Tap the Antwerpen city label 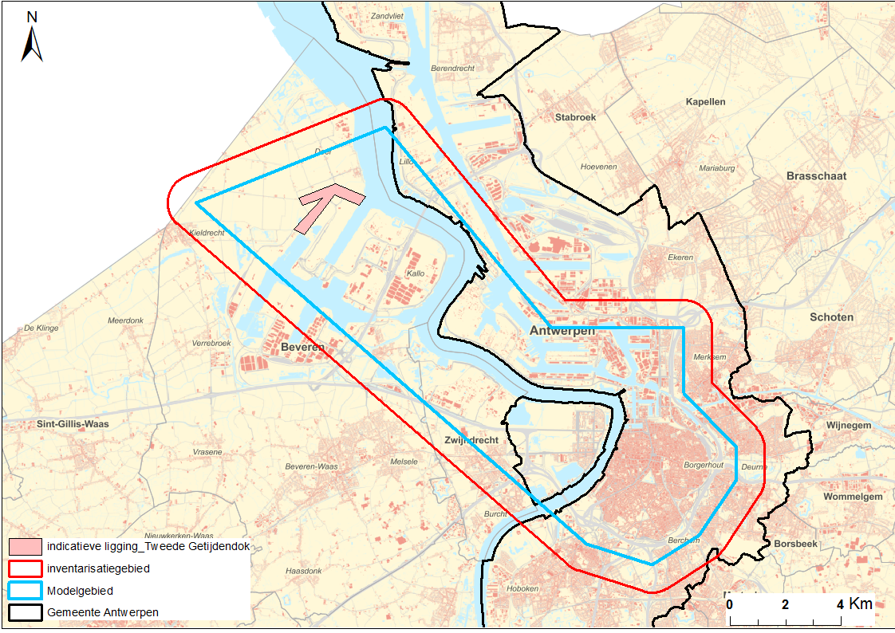[x=562, y=330]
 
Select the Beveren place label [x=302, y=348]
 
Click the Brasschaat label [x=816, y=175]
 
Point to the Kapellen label [x=705, y=102]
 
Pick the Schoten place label [x=831, y=316]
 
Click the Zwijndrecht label [x=471, y=440]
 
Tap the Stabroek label [x=575, y=117]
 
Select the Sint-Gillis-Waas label [x=73, y=424]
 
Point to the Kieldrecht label [x=207, y=233]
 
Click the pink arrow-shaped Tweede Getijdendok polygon [x=322, y=204]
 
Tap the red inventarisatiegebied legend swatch [x=25, y=569]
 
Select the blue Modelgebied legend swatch [x=25, y=591]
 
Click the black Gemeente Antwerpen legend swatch [x=25, y=612]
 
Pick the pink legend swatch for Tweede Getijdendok [x=25, y=547]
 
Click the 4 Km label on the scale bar [x=854, y=604]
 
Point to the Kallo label [x=416, y=273]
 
